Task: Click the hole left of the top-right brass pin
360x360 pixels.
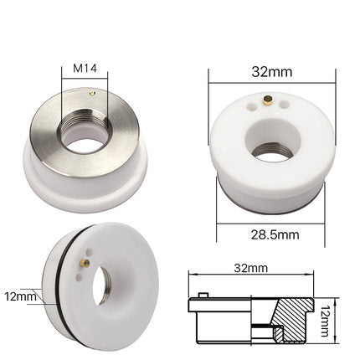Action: click(x=248, y=107)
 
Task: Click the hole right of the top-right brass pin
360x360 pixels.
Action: click(x=280, y=106)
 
